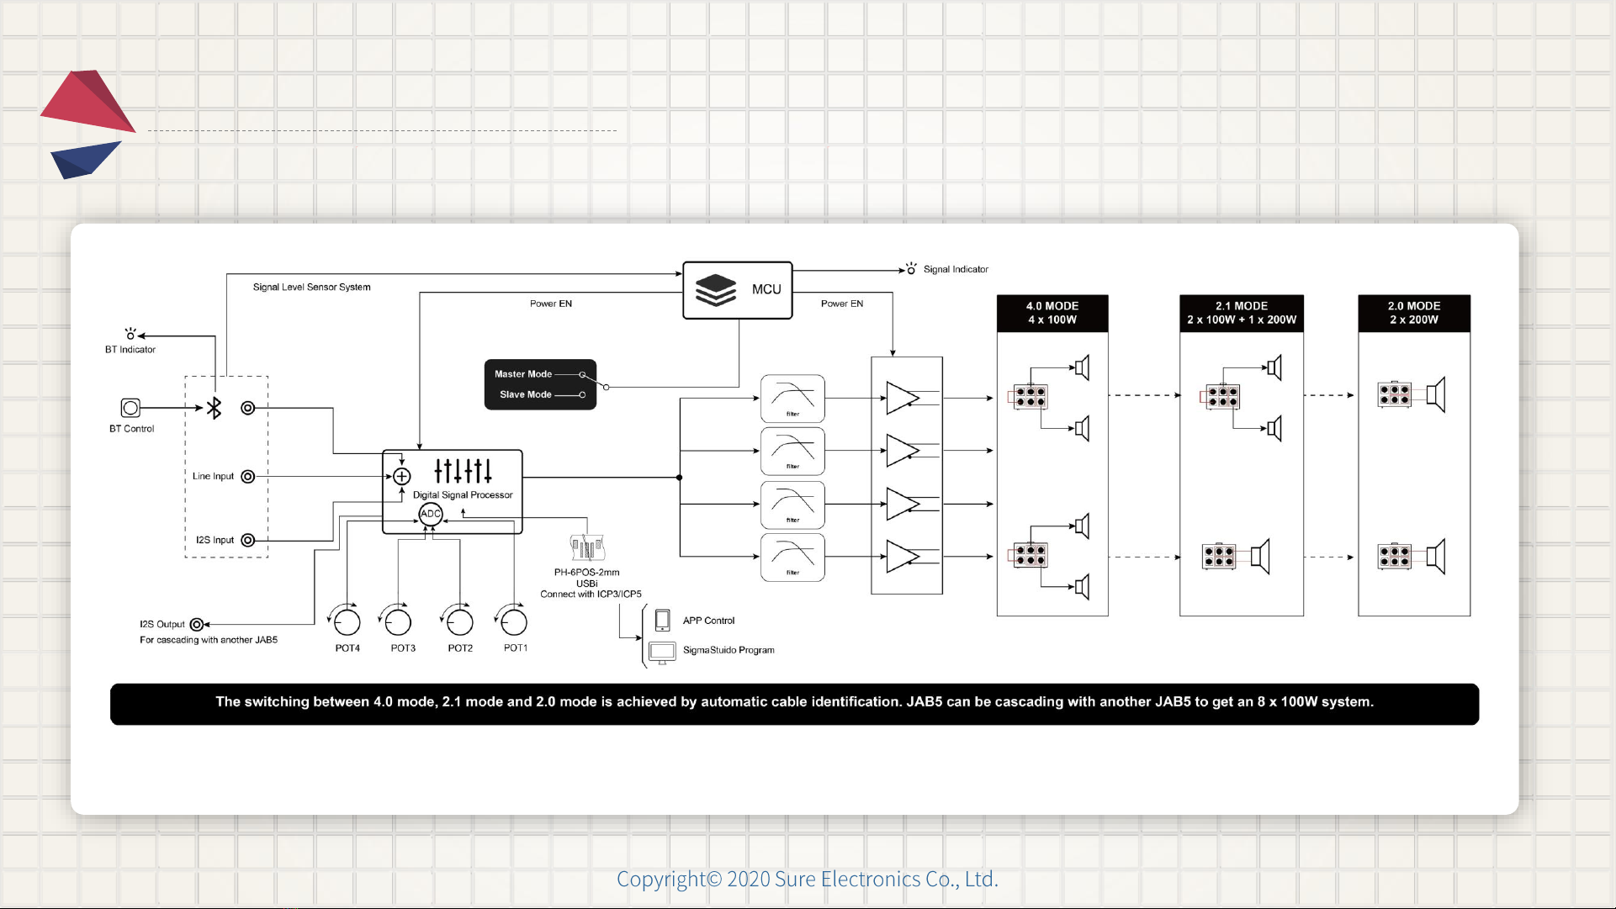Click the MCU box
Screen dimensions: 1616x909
click(737, 290)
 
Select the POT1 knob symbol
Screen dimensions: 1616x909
click(513, 622)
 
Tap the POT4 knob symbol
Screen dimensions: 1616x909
click(347, 622)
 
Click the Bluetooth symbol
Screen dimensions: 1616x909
click(215, 408)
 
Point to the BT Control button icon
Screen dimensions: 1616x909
click(130, 408)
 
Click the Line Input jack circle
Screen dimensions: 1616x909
click(247, 477)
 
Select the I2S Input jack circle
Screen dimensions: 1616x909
click(247, 540)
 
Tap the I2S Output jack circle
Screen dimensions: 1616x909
click(196, 624)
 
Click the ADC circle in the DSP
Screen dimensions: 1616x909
click(431, 514)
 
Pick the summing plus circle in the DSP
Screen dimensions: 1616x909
click(402, 477)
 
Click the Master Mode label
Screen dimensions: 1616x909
click(523, 374)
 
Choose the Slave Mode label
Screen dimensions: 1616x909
click(526, 394)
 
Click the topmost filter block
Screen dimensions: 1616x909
click(792, 399)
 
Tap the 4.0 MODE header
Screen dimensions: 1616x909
click(1052, 313)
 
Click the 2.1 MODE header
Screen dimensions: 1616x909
click(1242, 313)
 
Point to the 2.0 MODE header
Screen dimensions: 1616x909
click(1414, 313)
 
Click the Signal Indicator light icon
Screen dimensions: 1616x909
click(911, 269)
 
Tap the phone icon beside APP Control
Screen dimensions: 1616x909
click(662, 621)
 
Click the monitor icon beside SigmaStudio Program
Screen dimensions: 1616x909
click(662, 652)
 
